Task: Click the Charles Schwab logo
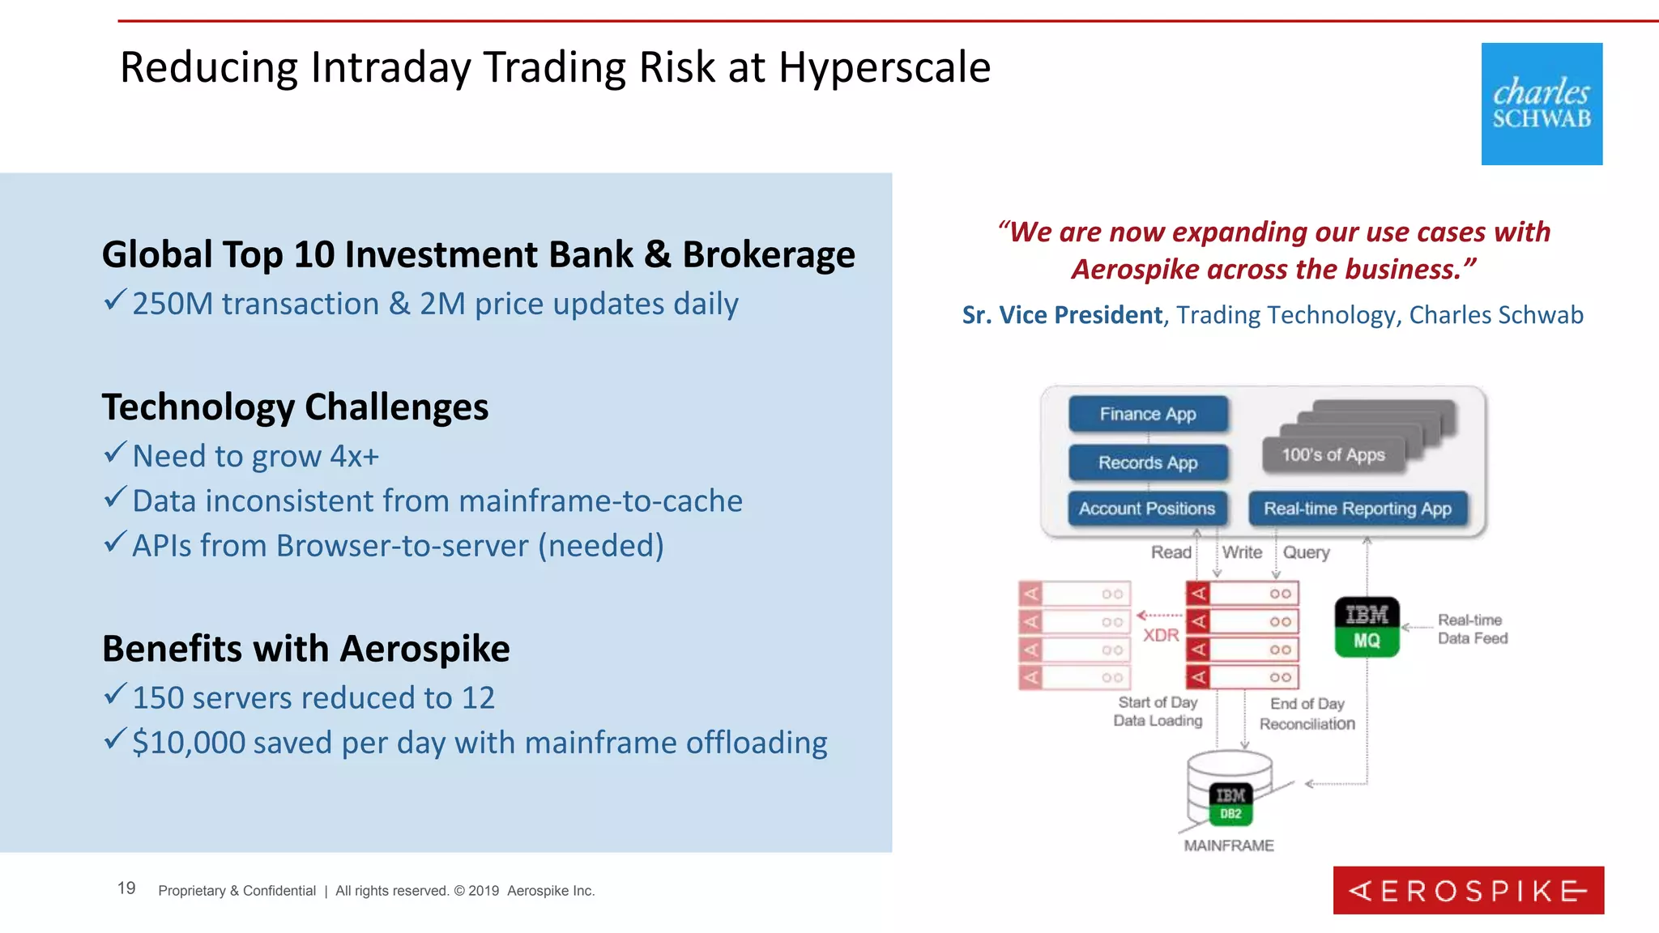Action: tap(1542, 104)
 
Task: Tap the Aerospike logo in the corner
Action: tap(1468, 890)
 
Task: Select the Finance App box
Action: tap(1148, 414)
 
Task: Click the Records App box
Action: tap(1148, 462)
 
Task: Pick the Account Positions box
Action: tap(1147, 509)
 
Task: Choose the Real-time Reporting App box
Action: tap(1358, 509)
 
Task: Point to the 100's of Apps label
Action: tap(1333, 455)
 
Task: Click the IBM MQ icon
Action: tap(1367, 627)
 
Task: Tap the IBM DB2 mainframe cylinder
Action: tap(1229, 789)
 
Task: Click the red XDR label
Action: tap(1161, 635)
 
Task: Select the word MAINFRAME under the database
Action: tap(1229, 846)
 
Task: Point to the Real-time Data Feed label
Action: tap(1472, 629)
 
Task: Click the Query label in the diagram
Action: tap(1306, 552)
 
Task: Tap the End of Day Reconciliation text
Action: tap(1307, 714)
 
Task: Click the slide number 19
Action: tap(126, 888)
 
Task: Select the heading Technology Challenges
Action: tap(295, 407)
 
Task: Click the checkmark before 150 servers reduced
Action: tap(115, 694)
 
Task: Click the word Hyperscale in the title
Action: tap(884, 67)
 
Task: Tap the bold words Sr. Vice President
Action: tap(1061, 315)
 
